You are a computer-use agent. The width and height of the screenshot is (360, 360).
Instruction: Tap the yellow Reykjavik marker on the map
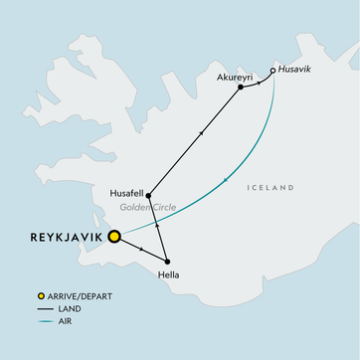pyautogui.click(x=114, y=237)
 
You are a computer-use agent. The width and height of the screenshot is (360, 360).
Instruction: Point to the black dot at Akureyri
pyautogui.click(x=241, y=88)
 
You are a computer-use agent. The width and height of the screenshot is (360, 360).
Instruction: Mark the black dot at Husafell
pyautogui.click(x=148, y=196)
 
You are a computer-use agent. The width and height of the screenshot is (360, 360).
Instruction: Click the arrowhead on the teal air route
pyautogui.click(x=230, y=178)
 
